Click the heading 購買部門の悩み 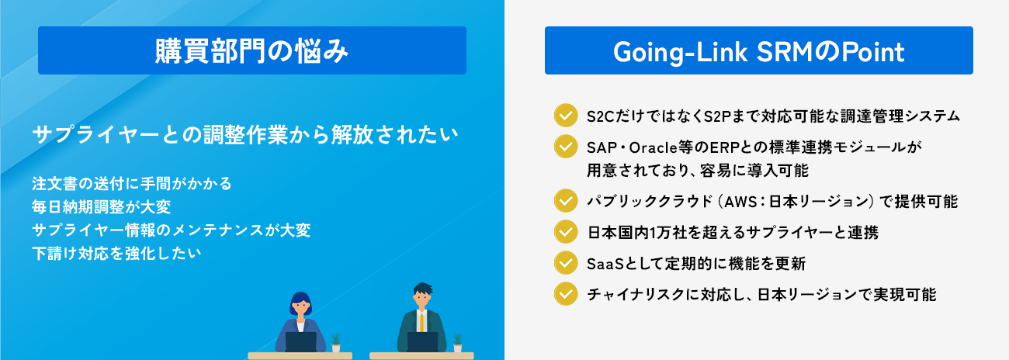(x=251, y=51)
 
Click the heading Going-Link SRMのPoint (x=758, y=52)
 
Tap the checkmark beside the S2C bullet (x=566, y=116)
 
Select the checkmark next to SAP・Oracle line (x=566, y=147)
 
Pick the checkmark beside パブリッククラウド (x=566, y=201)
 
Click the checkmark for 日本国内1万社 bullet (x=566, y=232)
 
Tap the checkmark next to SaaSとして (x=566, y=263)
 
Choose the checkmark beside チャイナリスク (x=566, y=294)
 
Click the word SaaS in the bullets (x=605, y=264)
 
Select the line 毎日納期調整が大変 (x=102, y=207)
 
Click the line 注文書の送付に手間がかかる (x=132, y=184)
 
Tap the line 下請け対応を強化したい (x=116, y=254)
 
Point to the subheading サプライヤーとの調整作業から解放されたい (x=245, y=134)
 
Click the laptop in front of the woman (x=301, y=342)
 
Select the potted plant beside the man (x=458, y=343)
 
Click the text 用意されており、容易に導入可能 (x=698, y=171)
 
